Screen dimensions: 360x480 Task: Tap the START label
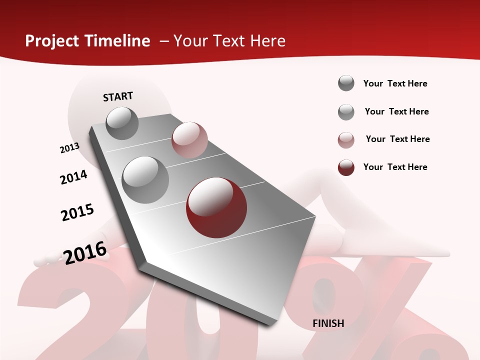[118, 96]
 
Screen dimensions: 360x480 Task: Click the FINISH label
[328, 323]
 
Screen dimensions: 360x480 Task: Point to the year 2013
[69, 148]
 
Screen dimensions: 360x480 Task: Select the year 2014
[73, 177]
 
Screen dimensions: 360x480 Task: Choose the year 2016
[85, 252]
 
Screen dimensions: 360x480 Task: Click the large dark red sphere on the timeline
[216, 207]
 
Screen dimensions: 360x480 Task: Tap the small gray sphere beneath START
[122, 123]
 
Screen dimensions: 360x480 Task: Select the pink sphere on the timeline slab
[189, 140]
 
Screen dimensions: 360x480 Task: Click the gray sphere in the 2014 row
[145, 179]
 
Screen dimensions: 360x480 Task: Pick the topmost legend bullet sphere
[346, 83]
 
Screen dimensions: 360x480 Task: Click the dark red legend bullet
[346, 167]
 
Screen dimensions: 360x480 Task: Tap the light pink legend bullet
[346, 140]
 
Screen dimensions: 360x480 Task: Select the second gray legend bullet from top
[346, 112]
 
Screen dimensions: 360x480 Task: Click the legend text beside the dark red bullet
[395, 167]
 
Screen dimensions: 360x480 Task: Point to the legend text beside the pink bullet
[397, 139]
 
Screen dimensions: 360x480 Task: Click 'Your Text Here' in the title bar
[229, 41]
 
